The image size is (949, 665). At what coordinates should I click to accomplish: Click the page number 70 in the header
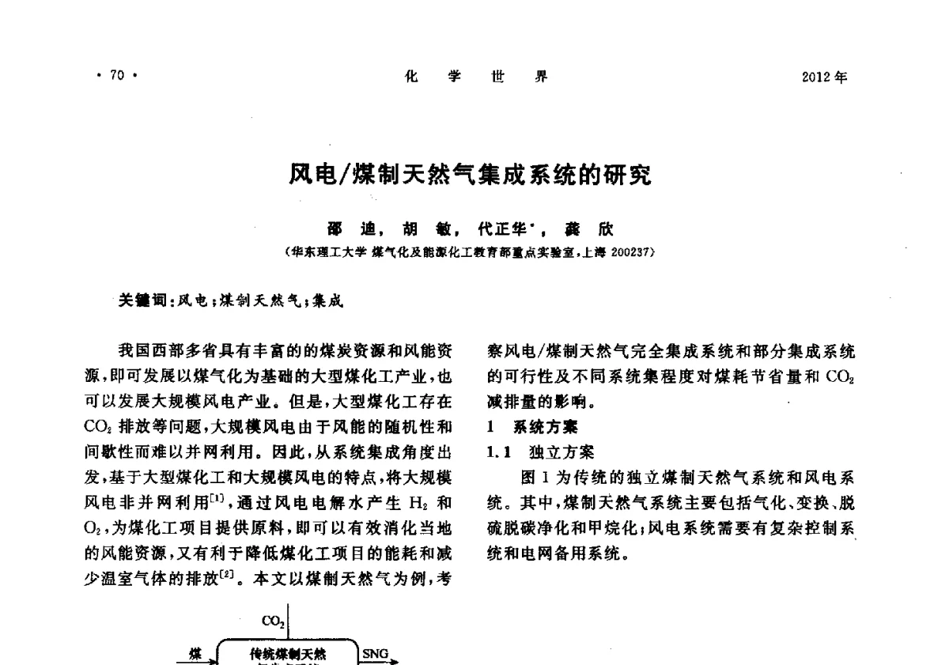point(118,77)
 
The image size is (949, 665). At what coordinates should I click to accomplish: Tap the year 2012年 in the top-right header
point(824,77)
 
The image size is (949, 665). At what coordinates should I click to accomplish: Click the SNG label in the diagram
point(375,653)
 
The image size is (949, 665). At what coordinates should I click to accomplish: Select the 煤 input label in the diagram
point(195,653)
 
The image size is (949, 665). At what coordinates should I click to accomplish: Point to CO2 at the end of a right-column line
point(839,377)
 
